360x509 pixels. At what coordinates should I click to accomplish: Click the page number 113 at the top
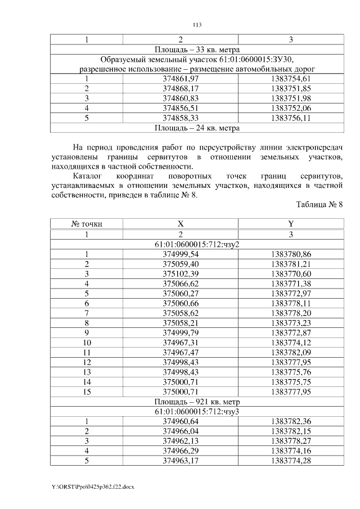(197, 25)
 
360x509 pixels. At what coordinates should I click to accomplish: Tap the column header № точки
(87, 224)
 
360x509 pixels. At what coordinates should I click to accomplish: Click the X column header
(181, 224)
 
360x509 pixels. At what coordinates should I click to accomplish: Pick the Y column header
(290, 224)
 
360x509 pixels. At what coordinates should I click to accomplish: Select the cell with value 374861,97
(181, 79)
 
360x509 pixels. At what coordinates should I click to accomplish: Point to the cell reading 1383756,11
(290, 118)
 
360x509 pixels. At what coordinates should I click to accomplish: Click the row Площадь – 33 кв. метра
(197, 49)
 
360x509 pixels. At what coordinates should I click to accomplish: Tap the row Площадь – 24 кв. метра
(197, 128)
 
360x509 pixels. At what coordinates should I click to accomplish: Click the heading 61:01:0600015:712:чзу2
(197, 244)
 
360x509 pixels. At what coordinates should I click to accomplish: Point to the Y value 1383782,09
(290, 352)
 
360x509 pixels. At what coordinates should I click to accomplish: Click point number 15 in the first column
(87, 391)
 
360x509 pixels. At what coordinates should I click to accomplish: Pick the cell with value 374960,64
(181, 421)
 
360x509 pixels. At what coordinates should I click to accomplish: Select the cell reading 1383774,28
(290, 461)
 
